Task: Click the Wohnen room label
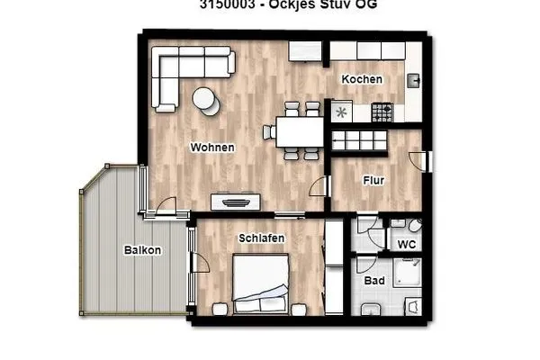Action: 212,148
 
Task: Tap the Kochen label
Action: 362,79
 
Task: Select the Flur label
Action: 373,181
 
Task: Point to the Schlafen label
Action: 262,238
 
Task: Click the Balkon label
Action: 143,250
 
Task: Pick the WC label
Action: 406,244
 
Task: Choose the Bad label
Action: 374,281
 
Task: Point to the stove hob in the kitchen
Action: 382,112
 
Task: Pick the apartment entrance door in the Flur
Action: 417,160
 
